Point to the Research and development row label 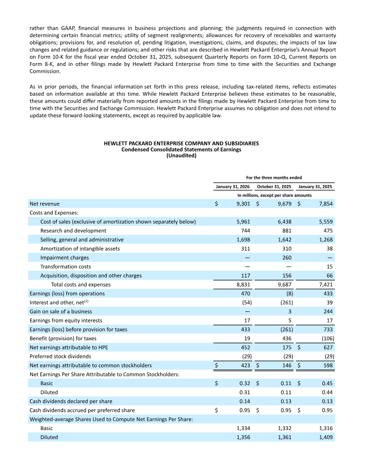coord(73,231)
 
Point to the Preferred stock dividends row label coord(60,356)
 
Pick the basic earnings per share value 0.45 coord(327,383)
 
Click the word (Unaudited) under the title coord(181,156)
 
